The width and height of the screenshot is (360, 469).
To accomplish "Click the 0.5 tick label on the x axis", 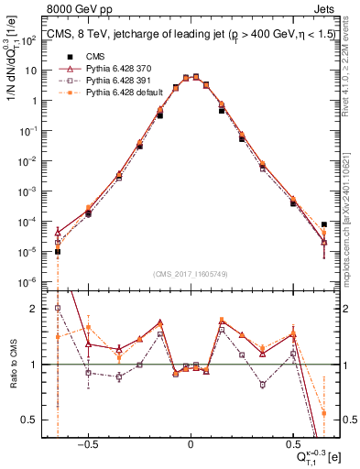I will [293, 442].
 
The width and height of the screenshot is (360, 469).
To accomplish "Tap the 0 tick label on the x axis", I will [191, 442].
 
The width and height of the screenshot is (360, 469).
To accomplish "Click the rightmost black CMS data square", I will [324, 224].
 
